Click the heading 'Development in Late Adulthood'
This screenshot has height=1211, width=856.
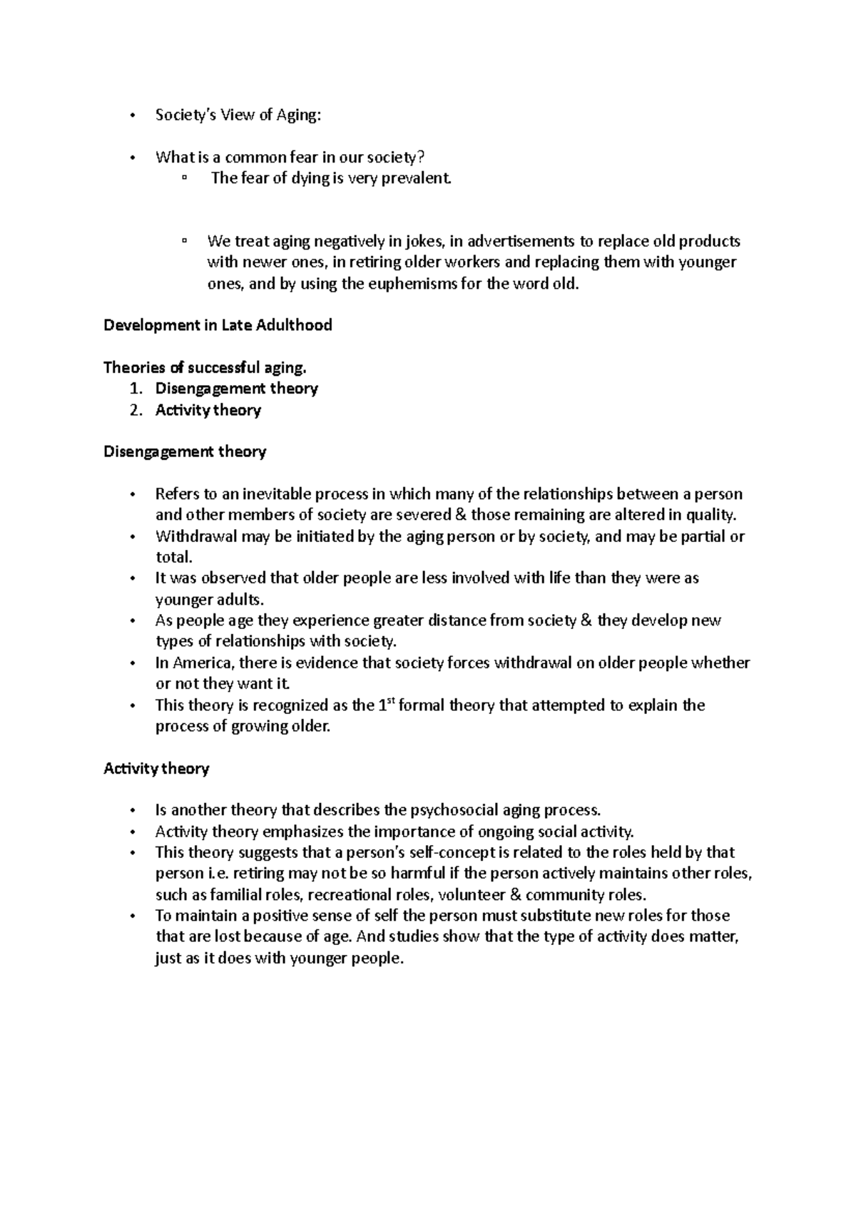[218, 326]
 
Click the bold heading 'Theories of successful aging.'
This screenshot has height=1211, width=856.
[205, 368]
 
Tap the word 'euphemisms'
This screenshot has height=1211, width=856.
[424, 284]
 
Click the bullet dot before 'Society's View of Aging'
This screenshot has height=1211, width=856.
[133, 116]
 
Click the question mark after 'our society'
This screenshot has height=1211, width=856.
[429, 158]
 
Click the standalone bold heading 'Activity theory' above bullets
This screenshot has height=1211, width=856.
[156, 769]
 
